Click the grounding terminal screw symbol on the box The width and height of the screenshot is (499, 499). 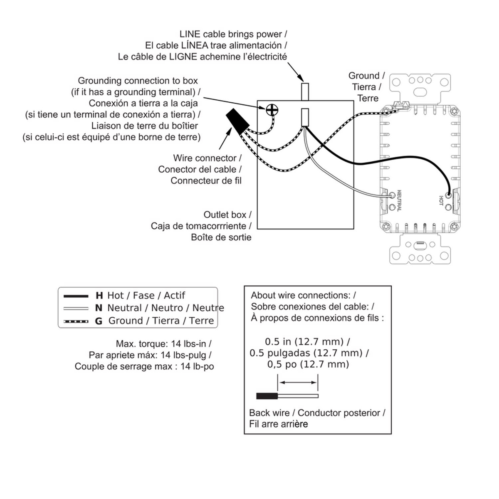(x=272, y=110)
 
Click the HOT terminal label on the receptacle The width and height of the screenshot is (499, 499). (x=441, y=200)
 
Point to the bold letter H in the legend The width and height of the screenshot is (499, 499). (x=99, y=296)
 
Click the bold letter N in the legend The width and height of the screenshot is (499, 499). (x=99, y=308)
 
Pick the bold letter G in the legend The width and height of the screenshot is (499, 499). (x=99, y=321)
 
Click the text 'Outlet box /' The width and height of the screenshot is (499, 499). (x=227, y=215)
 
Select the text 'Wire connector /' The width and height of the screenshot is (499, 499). (x=207, y=158)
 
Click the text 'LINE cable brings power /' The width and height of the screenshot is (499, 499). (x=233, y=34)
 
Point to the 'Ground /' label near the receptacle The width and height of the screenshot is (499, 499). (x=366, y=76)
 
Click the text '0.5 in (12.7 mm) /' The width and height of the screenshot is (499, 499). (x=307, y=342)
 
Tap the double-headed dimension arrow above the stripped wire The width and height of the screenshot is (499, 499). (x=298, y=382)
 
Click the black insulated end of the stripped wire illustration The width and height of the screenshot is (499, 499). (x=267, y=396)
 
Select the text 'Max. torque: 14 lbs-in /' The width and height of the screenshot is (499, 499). (x=163, y=344)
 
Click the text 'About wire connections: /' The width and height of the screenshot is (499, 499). (x=303, y=296)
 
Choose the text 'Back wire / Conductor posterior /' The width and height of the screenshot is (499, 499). (x=317, y=413)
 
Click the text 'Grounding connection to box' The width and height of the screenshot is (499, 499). (x=138, y=81)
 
